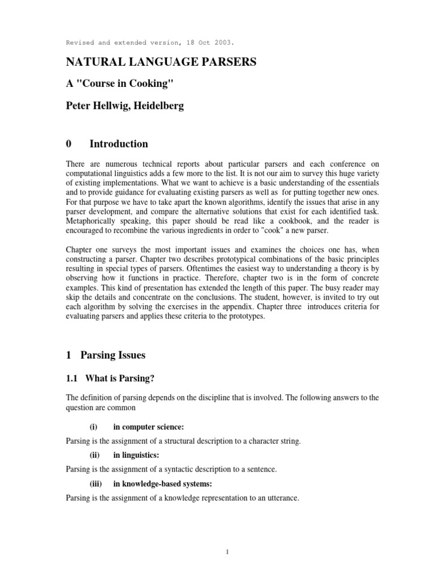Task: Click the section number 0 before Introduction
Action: pyautogui.click(x=69, y=144)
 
